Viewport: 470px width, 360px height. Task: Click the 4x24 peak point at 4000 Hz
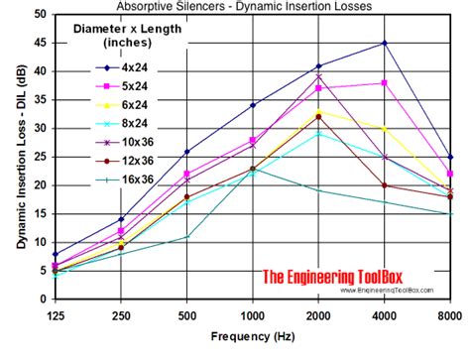point(384,44)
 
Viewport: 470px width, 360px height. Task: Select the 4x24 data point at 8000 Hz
point(449,157)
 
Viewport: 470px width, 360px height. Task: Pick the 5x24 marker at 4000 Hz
point(384,83)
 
